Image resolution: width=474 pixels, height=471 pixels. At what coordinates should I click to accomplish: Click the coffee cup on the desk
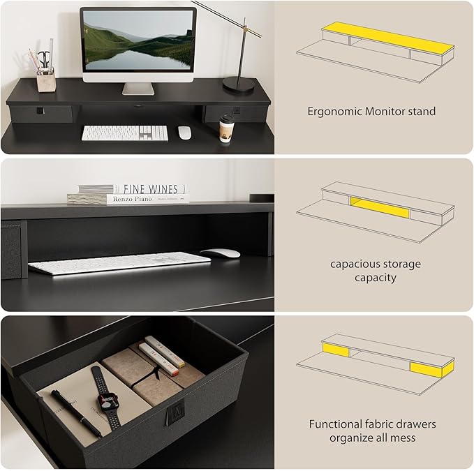click(x=225, y=129)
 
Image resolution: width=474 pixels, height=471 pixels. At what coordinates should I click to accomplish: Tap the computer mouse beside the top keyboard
click(x=184, y=133)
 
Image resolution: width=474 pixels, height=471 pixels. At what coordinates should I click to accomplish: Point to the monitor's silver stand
click(x=138, y=89)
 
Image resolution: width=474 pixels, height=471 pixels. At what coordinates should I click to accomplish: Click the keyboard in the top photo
click(x=125, y=133)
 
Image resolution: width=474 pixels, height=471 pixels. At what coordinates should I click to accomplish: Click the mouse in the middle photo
click(x=220, y=253)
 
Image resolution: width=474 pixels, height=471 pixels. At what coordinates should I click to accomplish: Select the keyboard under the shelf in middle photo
click(x=119, y=262)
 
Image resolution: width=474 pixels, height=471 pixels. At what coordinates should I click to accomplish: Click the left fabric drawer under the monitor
click(x=41, y=113)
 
